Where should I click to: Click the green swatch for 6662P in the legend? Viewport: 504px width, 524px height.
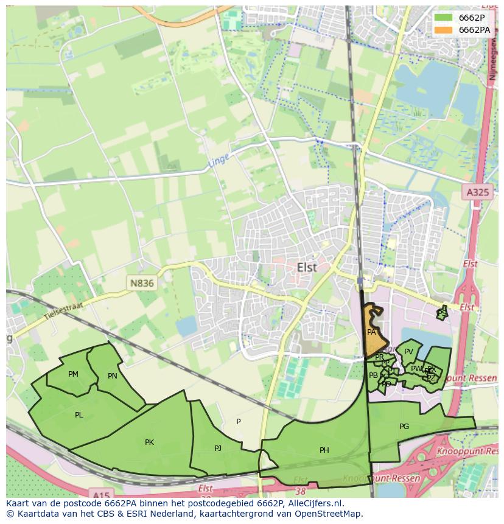coord(444,18)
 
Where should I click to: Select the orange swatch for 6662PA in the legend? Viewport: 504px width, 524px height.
coord(444,30)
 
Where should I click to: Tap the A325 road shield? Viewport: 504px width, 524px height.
coord(477,192)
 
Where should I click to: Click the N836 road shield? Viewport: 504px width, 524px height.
coord(141,283)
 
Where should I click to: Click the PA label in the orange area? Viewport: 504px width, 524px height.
coord(371,332)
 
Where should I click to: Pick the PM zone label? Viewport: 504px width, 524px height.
coord(73,374)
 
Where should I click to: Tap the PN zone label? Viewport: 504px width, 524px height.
coord(112,376)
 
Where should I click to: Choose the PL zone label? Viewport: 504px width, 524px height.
coord(79,415)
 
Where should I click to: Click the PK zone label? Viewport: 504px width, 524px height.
coord(149,442)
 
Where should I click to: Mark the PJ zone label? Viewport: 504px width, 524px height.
coord(218,449)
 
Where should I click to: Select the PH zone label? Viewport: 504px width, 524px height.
coord(324,450)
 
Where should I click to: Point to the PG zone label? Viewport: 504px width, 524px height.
coord(404,427)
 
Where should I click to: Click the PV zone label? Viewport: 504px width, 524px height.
coord(408,352)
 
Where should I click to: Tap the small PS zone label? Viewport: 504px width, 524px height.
coord(442,313)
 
